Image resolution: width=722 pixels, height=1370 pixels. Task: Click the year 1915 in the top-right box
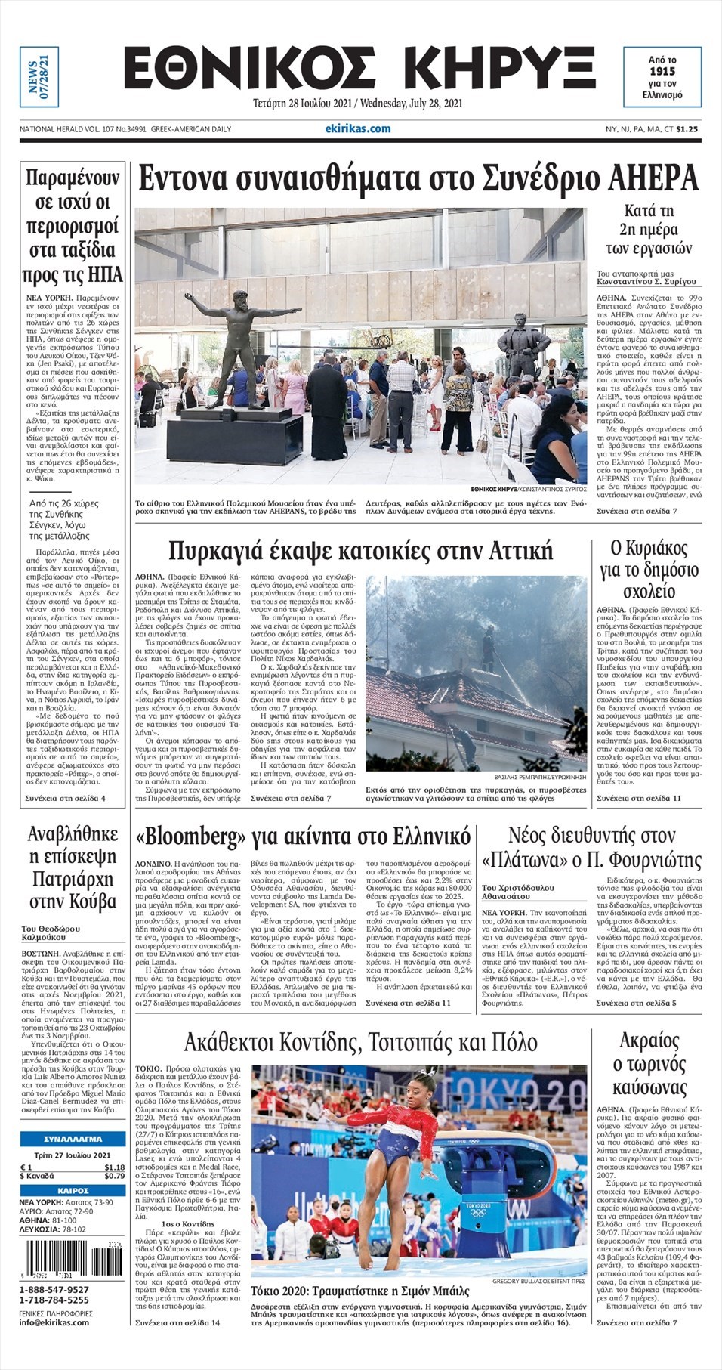pyautogui.click(x=662, y=72)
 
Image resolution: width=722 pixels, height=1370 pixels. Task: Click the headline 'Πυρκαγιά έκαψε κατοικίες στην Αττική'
pyautogui.click(x=360, y=549)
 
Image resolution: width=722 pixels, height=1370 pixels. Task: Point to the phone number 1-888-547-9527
pyautogui.click(x=54, y=1289)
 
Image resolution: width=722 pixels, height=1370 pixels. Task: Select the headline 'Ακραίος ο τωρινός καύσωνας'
pyautogui.click(x=649, y=1064)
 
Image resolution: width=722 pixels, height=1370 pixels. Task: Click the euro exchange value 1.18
pyautogui.click(x=114, y=1167)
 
